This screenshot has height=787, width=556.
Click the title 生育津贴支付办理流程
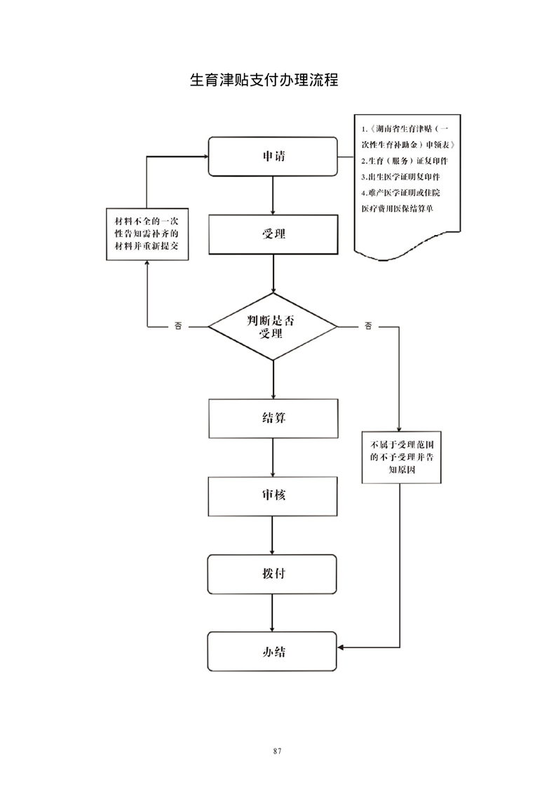(264, 79)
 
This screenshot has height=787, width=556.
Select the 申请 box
(273, 156)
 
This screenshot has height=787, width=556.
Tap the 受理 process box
(273, 234)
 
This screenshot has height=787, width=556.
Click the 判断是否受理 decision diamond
(273, 327)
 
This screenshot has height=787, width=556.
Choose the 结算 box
(273, 418)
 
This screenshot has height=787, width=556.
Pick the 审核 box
(273, 495)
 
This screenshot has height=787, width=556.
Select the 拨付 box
(273, 573)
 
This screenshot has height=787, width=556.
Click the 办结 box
(273, 651)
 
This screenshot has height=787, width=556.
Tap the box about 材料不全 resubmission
(147, 234)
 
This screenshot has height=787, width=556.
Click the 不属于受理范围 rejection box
(402, 457)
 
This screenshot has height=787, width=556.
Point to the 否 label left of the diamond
(177, 326)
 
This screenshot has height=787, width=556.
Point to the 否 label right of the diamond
(369, 326)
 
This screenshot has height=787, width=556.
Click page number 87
(278, 751)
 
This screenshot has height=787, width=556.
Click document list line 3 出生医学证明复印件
(400, 177)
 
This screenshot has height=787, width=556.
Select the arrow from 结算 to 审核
(273, 457)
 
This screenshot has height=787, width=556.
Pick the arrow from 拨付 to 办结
(273, 612)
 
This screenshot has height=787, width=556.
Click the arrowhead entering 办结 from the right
(341, 646)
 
